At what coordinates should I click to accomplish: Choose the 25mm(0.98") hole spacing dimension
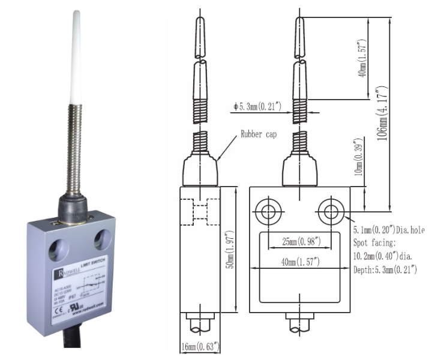(x=298, y=242)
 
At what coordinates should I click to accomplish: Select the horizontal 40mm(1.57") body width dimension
(x=298, y=262)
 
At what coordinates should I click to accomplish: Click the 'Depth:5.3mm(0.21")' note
(x=384, y=270)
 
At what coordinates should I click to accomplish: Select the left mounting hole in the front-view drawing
(x=266, y=211)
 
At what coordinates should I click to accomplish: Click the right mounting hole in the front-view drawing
(x=329, y=211)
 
